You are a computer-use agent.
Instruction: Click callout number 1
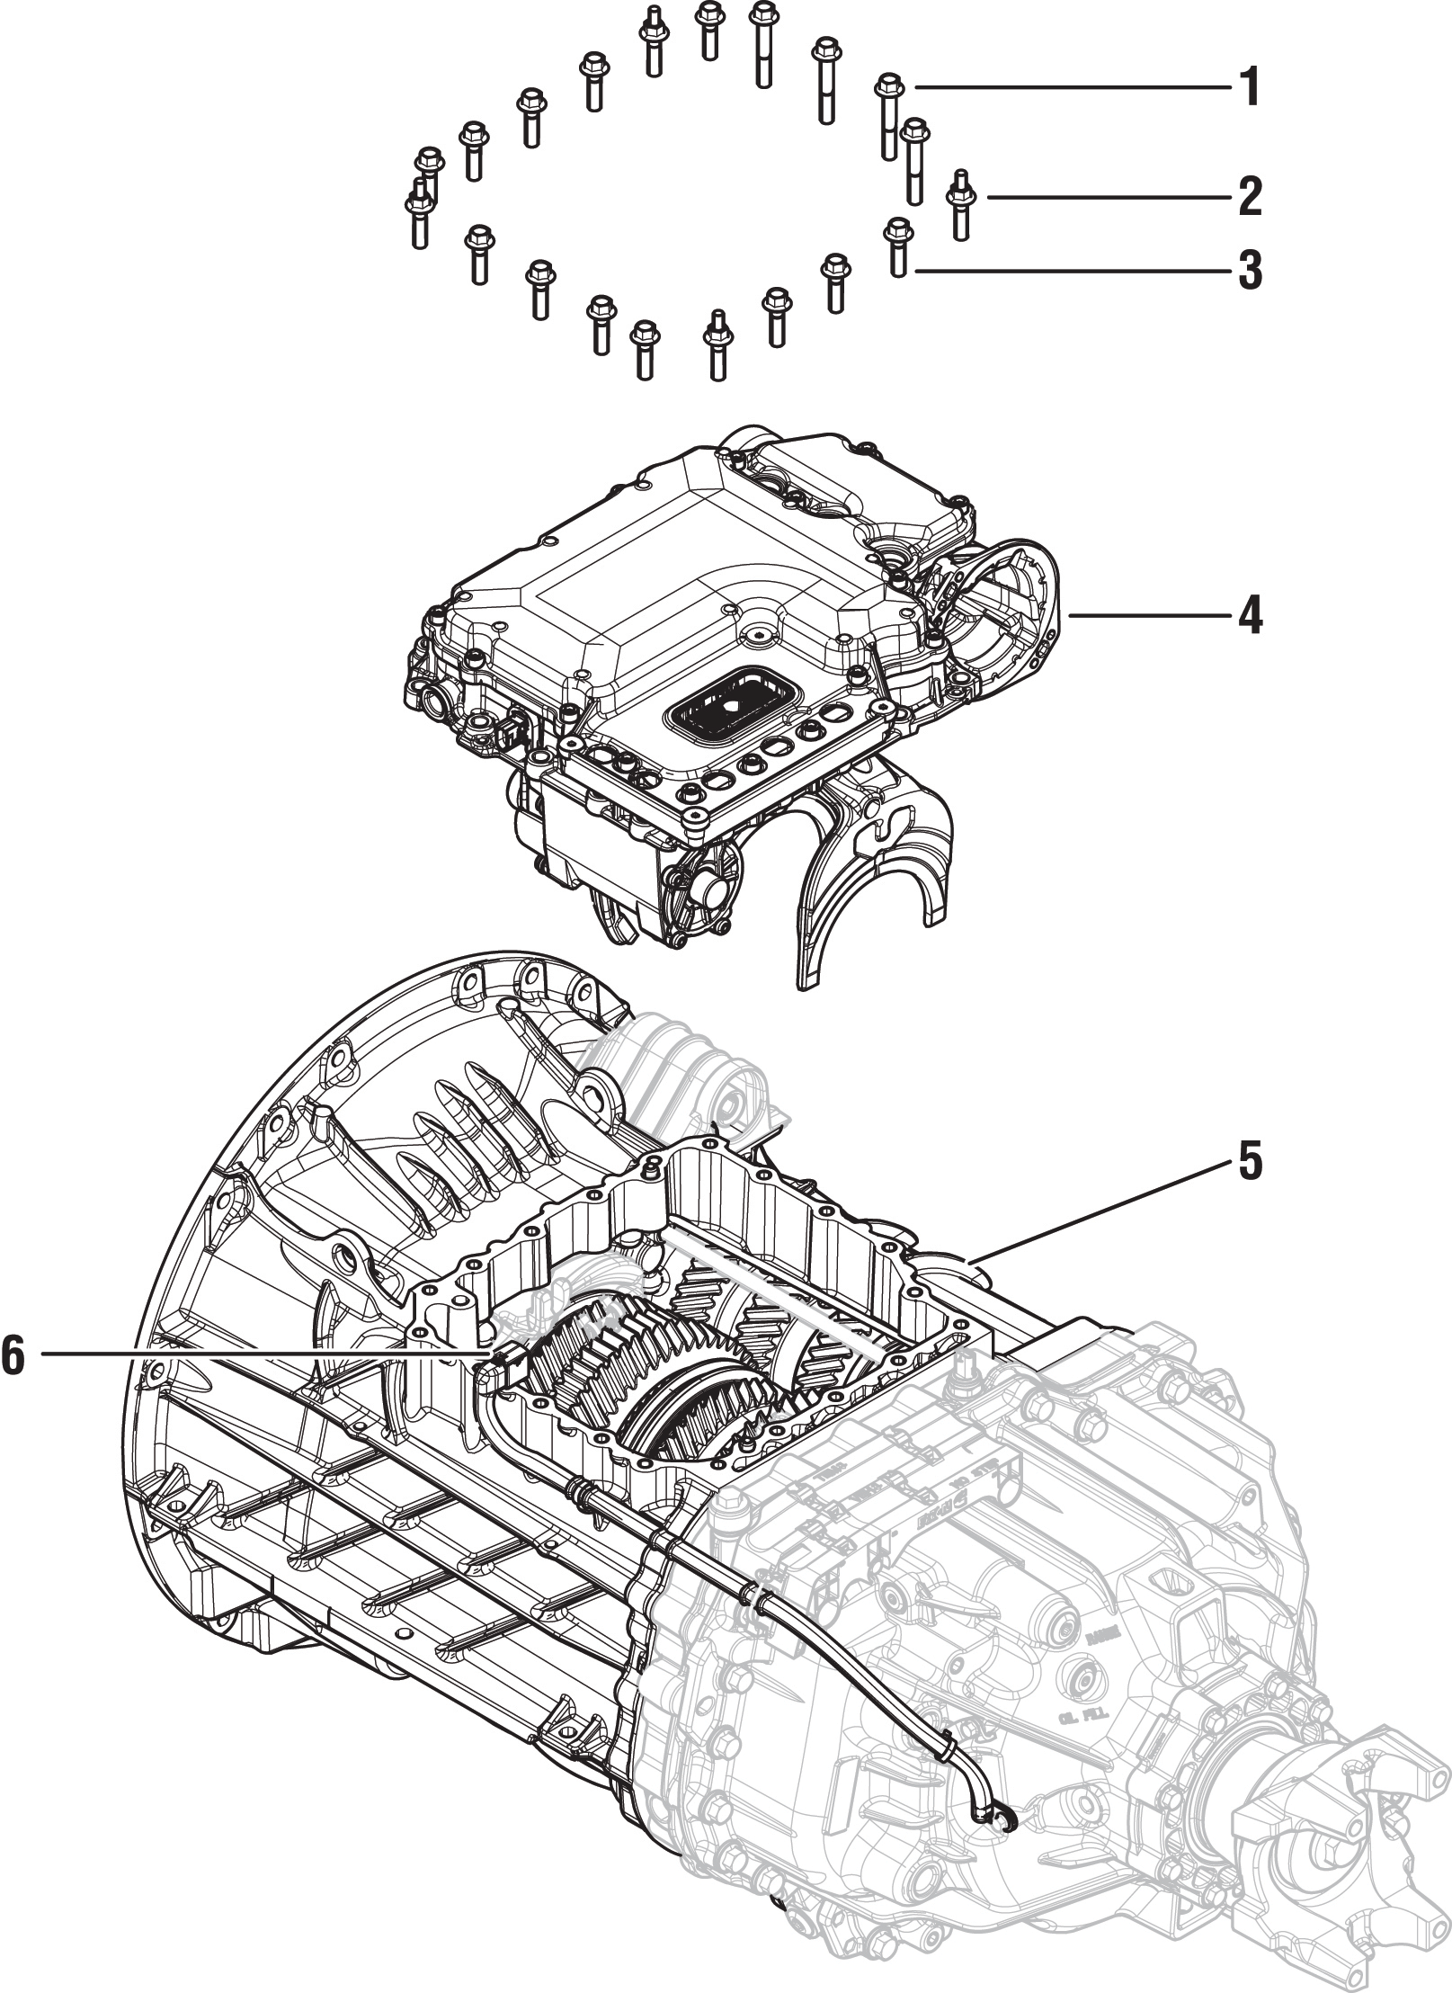point(1248,87)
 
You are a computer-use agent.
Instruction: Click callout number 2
point(1248,197)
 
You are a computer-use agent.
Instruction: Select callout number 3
point(1248,271)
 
